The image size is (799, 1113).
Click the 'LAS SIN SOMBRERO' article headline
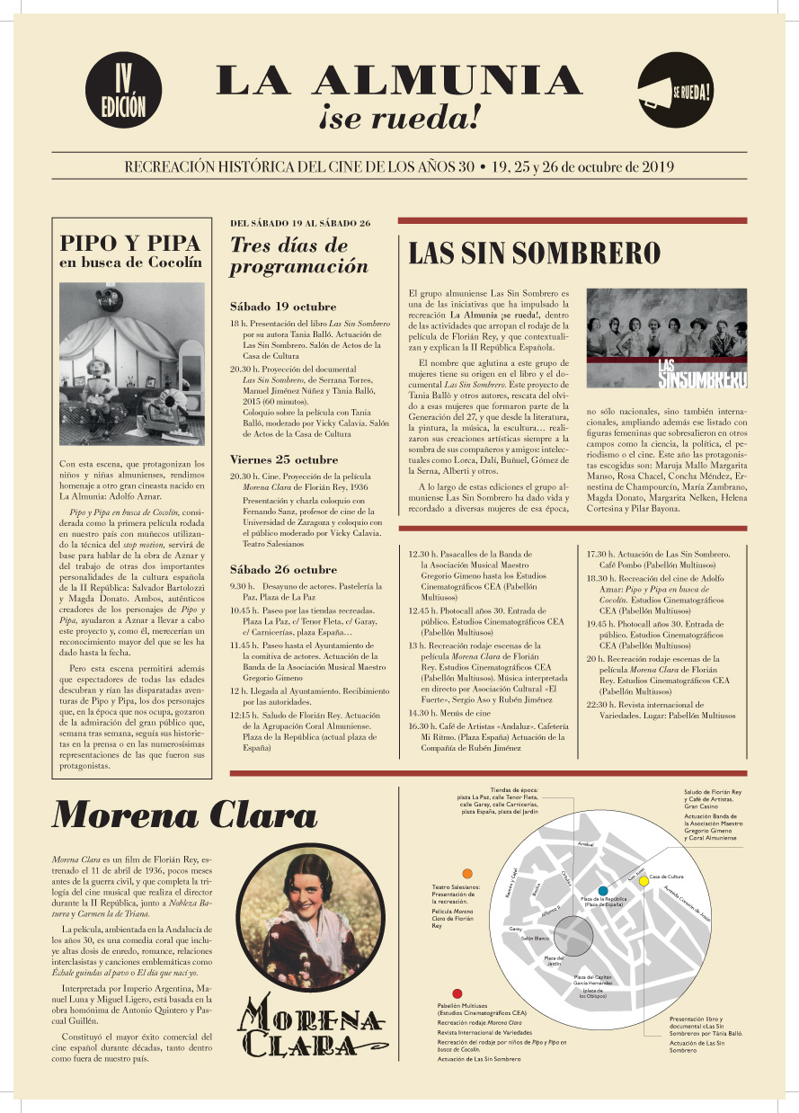pyautogui.click(x=535, y=254)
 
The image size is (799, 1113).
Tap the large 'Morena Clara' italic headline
pyautogui.click(x=185, y=815)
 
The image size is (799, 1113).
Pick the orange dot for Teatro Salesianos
pyautogui.click(x=466, y=873)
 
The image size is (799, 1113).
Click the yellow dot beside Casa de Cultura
pyautogui.click(x=644, y=882)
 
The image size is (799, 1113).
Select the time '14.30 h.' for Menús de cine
pyautogui.click(x=422, y=712)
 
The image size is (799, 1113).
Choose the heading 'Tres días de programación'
pyautogui.click(x=298, y=255)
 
